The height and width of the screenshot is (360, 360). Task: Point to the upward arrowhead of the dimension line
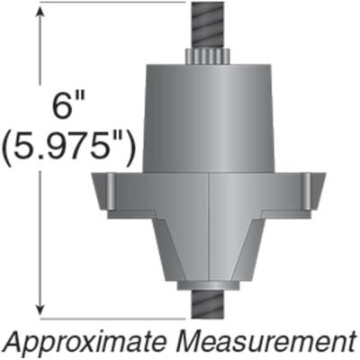tap(38, 20)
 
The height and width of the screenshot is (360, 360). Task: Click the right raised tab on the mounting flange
tap(311, 190)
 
